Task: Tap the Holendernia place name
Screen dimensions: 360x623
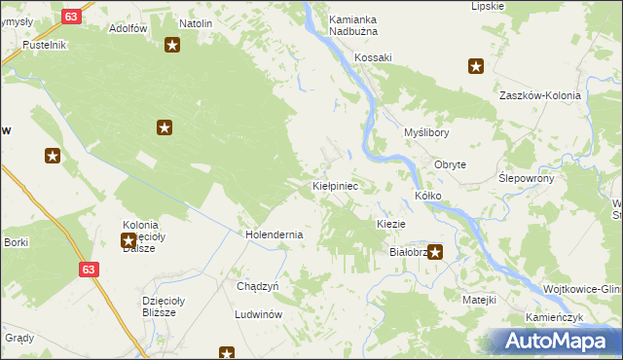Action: click(274, 234)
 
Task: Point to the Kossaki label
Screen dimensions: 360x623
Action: click(373, 57)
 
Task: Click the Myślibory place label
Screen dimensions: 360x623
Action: click(426, 132)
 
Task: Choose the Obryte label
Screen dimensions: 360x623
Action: click(450, 165)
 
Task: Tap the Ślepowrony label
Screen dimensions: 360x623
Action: click(527, 179)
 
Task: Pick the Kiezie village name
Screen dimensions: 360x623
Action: click(390, 224)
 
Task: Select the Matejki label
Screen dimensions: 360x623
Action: click(480, 299)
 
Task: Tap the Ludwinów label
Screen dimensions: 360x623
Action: click(258, 315)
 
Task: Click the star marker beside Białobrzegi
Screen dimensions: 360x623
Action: click(435, 253)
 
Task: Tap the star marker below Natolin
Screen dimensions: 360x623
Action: click(172, 45)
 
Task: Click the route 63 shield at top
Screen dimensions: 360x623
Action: click(70, 17)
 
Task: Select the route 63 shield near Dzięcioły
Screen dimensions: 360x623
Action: click(89, 269)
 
